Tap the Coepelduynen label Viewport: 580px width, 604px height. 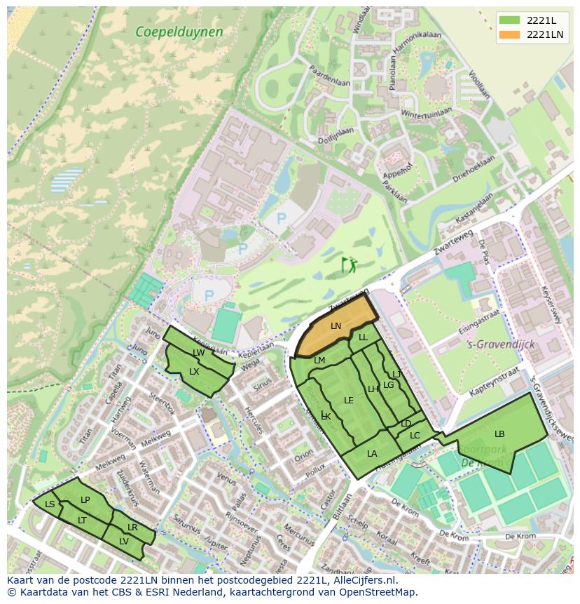pos(179,32)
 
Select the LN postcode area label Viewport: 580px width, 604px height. pos(336,326)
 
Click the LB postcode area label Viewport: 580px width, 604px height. pos(499,434)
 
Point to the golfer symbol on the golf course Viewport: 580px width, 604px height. pos(348,264)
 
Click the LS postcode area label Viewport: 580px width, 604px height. pos(50,504)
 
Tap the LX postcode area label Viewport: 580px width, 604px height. pos(194,371)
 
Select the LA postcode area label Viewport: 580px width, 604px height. pos(372,454)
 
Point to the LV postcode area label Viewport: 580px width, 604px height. pos(123,541)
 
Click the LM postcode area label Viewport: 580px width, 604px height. pos(319,361)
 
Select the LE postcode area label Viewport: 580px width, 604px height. pos(349,401)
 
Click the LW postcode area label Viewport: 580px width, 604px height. pos(199,353)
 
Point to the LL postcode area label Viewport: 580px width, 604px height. pos(363,337)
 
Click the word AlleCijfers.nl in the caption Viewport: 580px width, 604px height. pos(364,581)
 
